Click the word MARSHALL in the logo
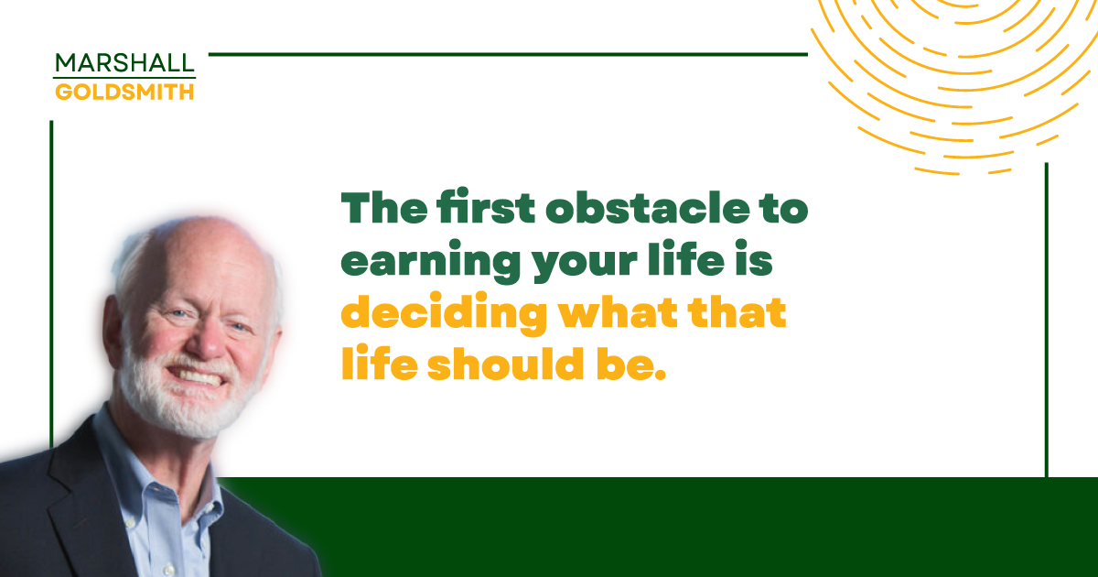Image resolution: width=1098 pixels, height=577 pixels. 124,63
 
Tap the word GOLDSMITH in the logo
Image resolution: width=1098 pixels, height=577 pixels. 124,92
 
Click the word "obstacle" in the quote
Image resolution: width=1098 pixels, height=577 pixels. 648,207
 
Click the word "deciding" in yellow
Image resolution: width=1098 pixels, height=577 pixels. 444,313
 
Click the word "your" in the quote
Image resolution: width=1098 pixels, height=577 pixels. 585,264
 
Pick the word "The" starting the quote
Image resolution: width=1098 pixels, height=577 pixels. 383,207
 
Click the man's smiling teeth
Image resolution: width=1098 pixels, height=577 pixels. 199,376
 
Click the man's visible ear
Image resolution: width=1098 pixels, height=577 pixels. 112,329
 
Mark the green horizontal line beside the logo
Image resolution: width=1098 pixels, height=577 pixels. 508,54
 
